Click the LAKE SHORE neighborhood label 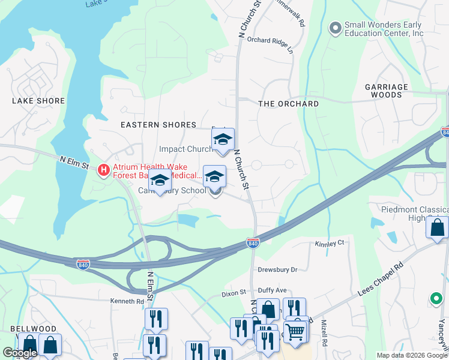point(38,101)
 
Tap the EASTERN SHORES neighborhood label point(158,125)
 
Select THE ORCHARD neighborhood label point(288,104)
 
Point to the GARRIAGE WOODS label point(387,91)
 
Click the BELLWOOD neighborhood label point(33,329)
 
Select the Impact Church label point(185,149)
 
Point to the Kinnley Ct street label point(329,244)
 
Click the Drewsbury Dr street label point(277,270)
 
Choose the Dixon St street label point(234,293)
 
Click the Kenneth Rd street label point(127,301)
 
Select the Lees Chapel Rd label point(391,278)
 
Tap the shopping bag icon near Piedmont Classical point(437,228)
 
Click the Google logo point(19,353)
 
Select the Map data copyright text point(411,355)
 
